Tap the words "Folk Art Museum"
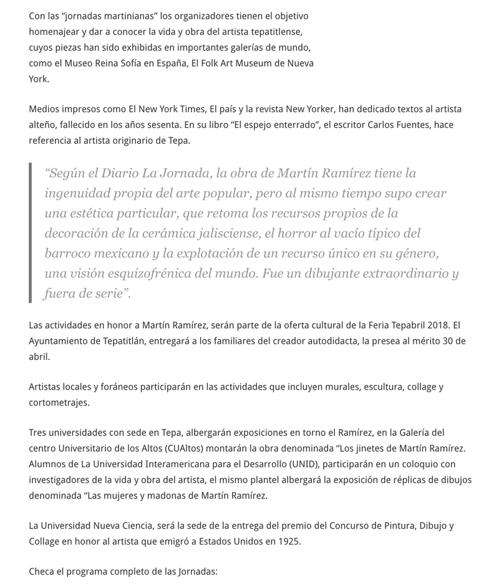(x=231, y=63)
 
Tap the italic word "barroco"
(x=68, y=254)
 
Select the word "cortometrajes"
(x=59, y=402)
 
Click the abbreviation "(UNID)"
(x=274, y=464)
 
